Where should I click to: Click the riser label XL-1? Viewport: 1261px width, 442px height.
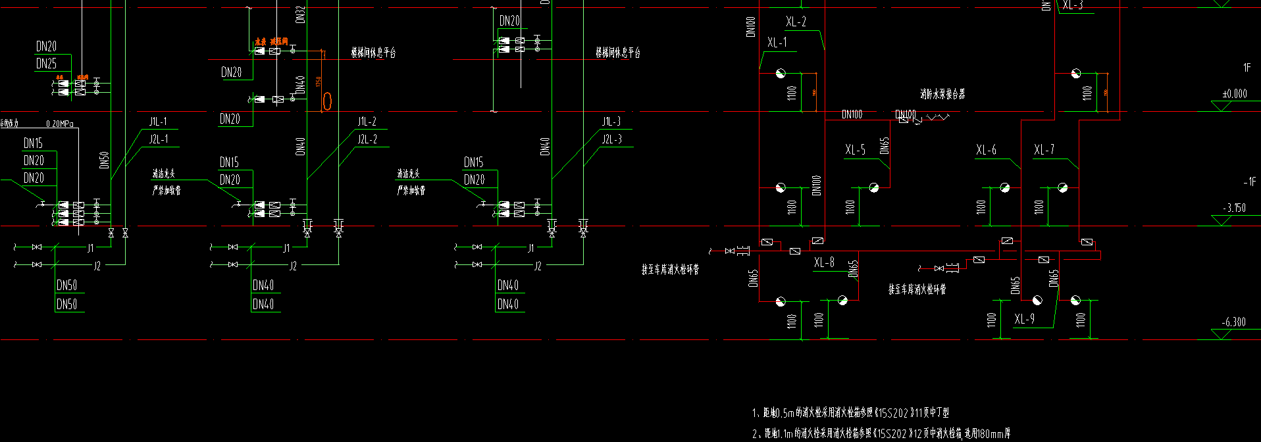tap(777, 43)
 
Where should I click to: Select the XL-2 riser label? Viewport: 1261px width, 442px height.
tap(796, 22)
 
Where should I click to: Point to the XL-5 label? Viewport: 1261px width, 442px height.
tap(855, 150)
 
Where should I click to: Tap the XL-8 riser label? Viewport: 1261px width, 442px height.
tap(824, 262)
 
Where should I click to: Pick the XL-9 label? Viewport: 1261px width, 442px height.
tap(1024, 319)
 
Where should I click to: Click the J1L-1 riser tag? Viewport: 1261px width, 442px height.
tap(158, 122)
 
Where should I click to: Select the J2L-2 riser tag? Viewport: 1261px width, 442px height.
tap(367, 139)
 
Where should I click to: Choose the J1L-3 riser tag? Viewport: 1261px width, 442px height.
tap(611, 122)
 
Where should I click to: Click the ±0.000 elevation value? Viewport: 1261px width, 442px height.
tap(1234, 93)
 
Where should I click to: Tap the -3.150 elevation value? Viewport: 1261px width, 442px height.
tap(1234, 208)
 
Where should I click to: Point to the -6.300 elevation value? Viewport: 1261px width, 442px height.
tap(1233, 322)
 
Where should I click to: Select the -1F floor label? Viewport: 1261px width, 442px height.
tap(1248, 181)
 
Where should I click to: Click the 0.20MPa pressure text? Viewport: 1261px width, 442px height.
tap(59, 124)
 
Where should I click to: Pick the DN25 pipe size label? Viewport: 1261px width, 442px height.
tap(46, 64)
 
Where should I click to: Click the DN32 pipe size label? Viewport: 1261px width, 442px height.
tap(300, 14)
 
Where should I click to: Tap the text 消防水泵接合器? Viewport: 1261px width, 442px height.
tap(942, 94)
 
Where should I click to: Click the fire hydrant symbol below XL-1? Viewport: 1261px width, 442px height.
tap(780, 73)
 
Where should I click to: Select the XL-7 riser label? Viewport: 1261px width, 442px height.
tap(1044, 150)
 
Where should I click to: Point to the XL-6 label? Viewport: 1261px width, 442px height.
tap(986, 150)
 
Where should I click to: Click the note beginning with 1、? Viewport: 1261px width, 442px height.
tap(850, 413)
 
